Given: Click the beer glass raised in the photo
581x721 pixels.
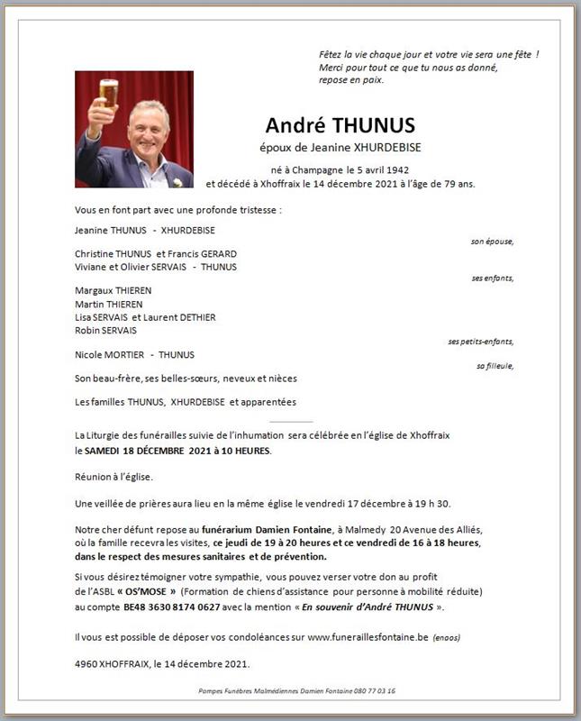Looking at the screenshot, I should point(108,93).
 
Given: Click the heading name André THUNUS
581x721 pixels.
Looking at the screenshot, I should point(339,125).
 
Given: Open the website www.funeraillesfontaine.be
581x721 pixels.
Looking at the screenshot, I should point(367,638).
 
